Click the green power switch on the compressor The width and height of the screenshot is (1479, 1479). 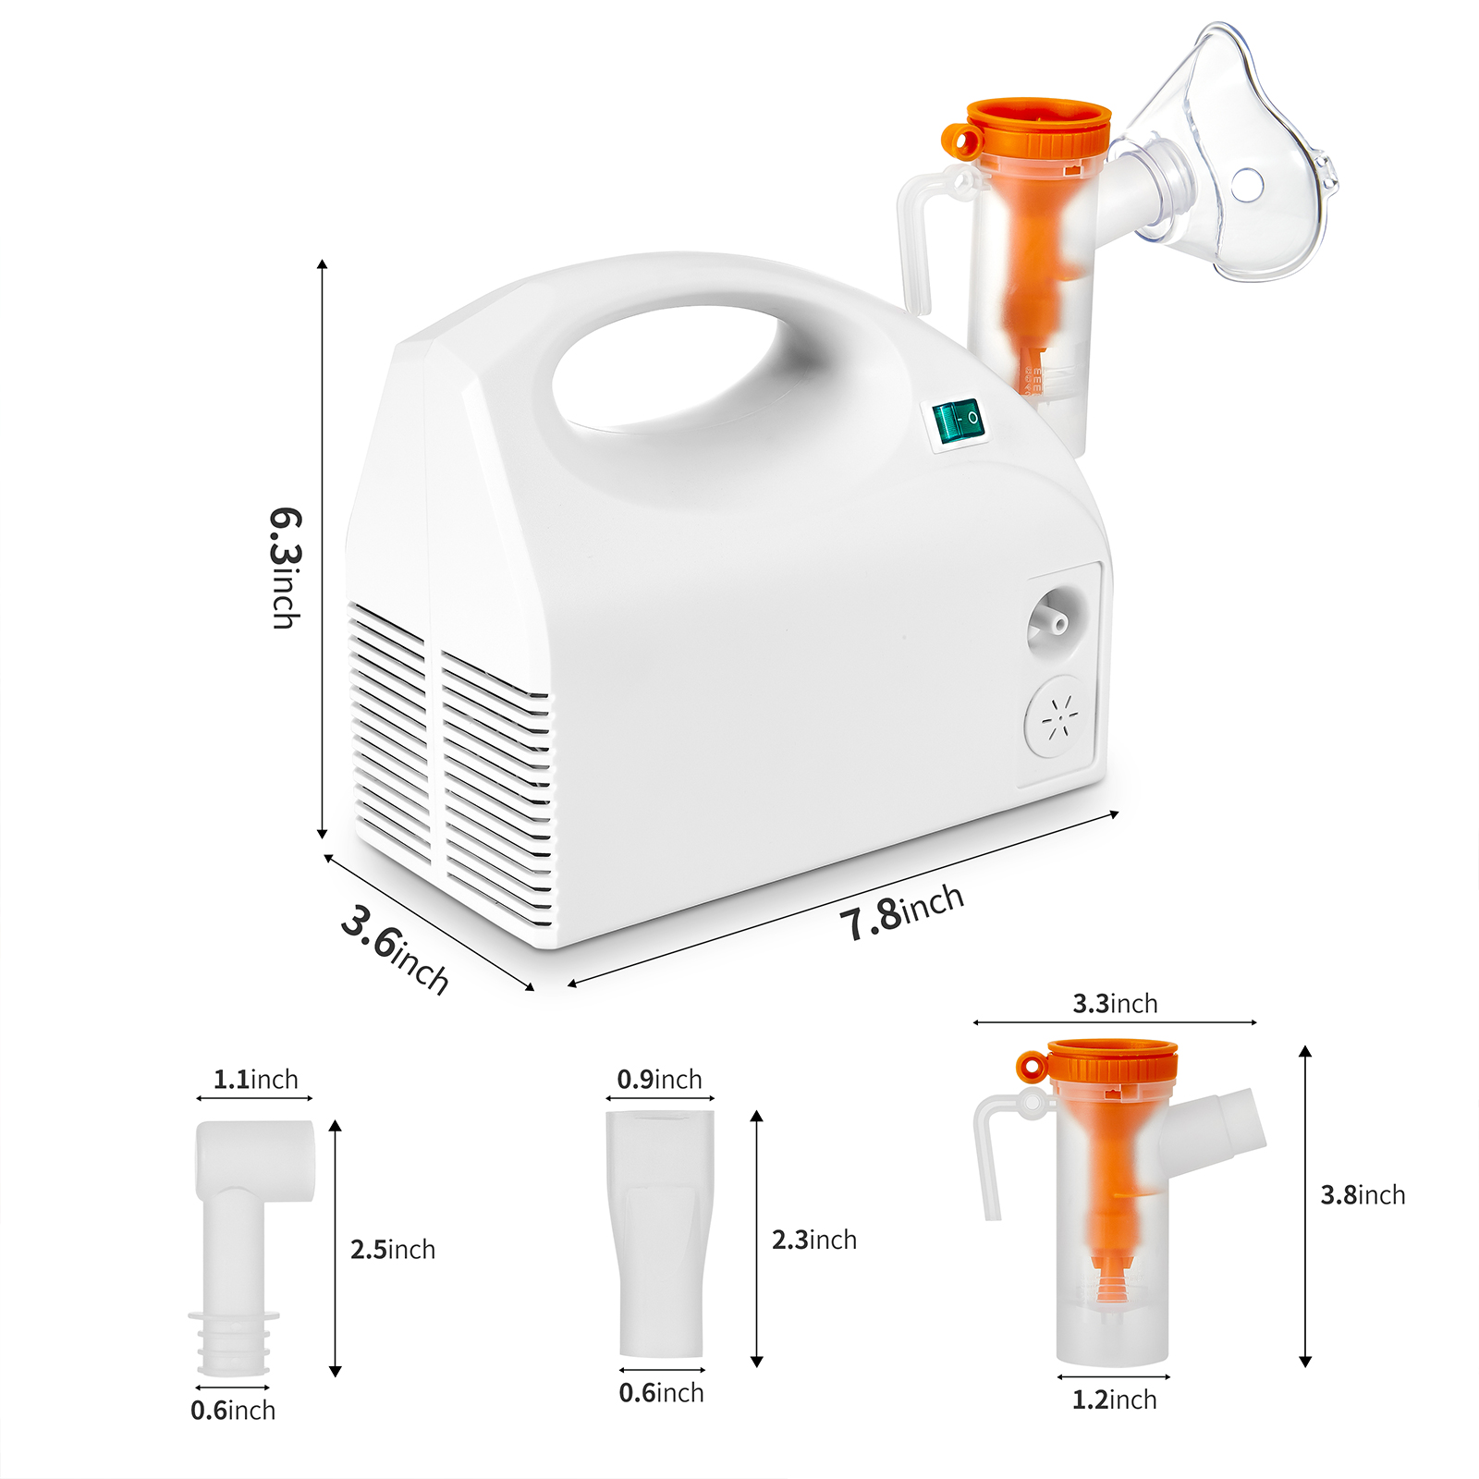coord(958,422)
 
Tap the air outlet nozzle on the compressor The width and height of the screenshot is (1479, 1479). coord(1056,622)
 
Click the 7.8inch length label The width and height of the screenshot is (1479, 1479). coord(902,911)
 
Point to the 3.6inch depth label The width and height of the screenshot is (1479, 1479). coord(395,949)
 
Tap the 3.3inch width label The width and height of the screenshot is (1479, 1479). coord(1115,1003)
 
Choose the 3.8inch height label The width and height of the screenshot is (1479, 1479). coord(1363,1194)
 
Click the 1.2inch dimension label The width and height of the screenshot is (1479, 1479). coord(1114,1400)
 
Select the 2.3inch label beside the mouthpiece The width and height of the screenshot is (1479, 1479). coord(814,1239)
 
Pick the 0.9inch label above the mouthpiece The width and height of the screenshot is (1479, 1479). coord(659,1079)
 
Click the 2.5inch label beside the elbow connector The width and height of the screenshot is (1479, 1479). coord(393,1249)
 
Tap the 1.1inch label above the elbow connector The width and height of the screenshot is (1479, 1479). coord(256,1079)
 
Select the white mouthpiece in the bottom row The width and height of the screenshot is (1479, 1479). coord(660,1233)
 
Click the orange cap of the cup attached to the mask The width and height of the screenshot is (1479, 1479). coord(1028,128)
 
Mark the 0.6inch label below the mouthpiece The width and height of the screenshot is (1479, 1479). coord(661,1392)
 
